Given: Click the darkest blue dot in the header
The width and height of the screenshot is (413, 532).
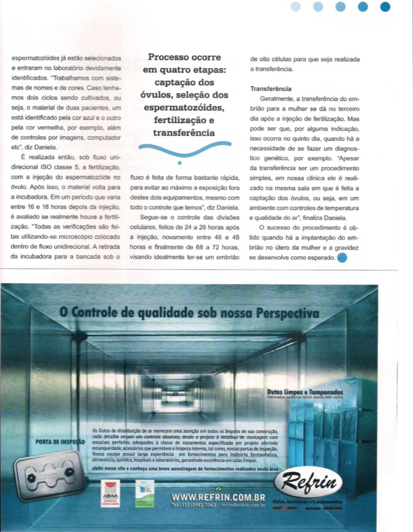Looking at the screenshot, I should click(385, 7).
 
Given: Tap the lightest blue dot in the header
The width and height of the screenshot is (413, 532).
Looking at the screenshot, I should click(296, 7).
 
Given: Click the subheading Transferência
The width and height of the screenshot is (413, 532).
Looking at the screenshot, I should click(271, 89).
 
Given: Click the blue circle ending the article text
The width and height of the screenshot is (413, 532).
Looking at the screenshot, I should click(342, 258).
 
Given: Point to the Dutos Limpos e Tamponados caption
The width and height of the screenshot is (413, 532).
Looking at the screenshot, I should click(305, 392).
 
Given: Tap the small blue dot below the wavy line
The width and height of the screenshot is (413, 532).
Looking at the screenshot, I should click(180, 163).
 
